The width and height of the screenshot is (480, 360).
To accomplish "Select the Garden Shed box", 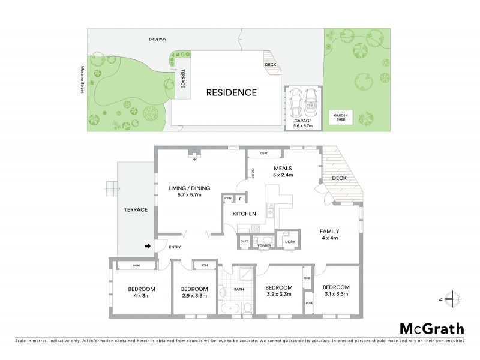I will coord(341,116).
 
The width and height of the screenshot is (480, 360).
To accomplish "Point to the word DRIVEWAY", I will coord(158,40).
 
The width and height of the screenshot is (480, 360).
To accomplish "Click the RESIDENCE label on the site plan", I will coord(232,92).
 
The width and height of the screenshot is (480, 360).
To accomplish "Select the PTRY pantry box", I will coord(227,199).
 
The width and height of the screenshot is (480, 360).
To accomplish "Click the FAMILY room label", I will coord(329,231).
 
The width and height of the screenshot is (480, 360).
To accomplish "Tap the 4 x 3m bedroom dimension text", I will coord(142,295).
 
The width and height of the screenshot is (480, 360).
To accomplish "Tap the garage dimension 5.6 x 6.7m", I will coord(302,127).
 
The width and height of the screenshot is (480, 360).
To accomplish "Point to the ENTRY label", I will coord(174,247).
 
